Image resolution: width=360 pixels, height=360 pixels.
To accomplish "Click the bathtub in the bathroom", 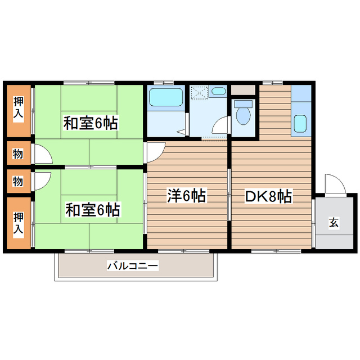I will click(166, 98).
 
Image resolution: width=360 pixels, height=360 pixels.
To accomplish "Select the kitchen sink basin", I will click(300, 123).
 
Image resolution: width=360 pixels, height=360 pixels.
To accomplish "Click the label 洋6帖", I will click(186, 196).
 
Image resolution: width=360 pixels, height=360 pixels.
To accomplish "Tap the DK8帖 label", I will click(268, 196).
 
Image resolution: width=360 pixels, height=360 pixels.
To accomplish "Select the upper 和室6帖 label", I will click(90, 123).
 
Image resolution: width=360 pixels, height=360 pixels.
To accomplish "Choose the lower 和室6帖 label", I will click(92, 209).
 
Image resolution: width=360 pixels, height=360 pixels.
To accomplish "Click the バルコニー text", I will click(133, 265).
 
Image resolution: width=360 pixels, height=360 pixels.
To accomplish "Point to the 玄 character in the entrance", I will click(334, 222).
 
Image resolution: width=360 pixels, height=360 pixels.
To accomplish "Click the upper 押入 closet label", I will click(19, 109).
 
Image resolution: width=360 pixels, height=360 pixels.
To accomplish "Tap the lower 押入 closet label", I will click(19, 223).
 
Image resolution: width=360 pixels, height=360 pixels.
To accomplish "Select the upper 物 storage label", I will click(19, 152).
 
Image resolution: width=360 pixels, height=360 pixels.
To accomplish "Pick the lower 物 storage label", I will click(19, 181).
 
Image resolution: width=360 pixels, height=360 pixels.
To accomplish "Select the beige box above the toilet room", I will click(244, 89).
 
